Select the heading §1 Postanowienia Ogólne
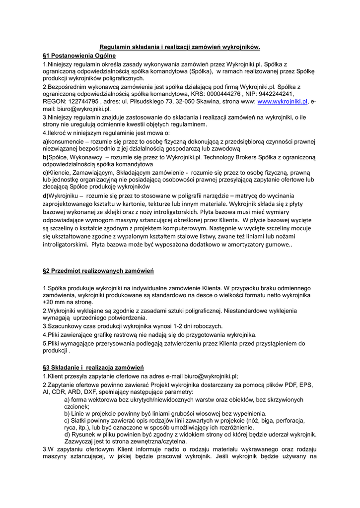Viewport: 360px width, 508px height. pos(79,56)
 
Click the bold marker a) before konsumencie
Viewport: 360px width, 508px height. pos(45,141)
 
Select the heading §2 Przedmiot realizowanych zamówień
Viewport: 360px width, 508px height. pos(98,271)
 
